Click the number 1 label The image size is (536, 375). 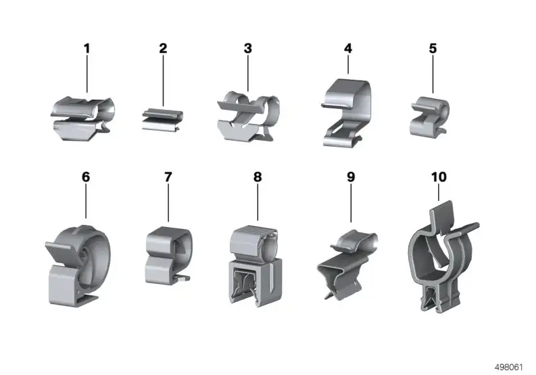87,48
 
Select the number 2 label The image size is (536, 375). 163,48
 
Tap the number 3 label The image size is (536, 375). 248,48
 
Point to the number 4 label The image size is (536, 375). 348,48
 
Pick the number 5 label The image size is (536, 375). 433,48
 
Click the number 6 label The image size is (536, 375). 86,177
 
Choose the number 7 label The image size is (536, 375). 168,177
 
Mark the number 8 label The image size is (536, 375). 257,177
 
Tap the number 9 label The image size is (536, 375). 351,177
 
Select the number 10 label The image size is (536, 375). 439,177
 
